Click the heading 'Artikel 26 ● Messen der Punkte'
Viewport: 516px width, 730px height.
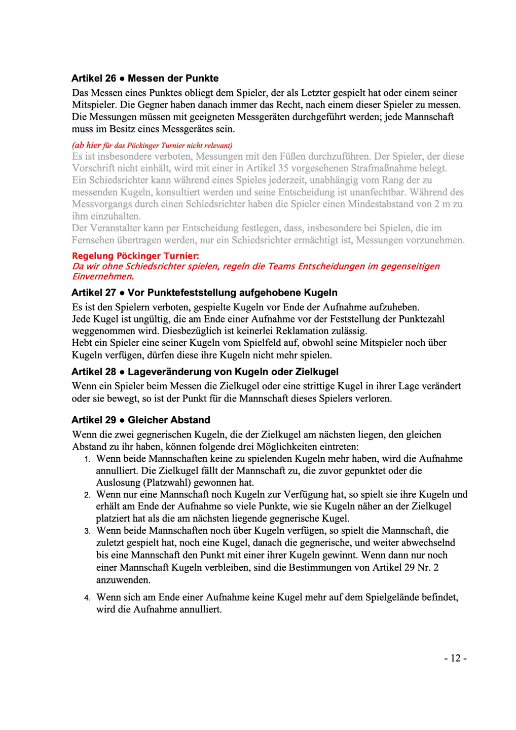(x=145, y=79)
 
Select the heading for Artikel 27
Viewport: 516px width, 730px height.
(x=204, y=293)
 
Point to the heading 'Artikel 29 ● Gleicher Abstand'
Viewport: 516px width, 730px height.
(x=140, y=420)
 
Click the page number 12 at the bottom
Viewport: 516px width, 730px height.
(x=455, y=658)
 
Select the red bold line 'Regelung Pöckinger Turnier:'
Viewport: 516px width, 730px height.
(x=135, y=256)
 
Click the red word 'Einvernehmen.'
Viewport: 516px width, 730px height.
(x=103, y=277)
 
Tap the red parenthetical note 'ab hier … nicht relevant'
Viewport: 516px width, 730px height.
(x=152, y=145)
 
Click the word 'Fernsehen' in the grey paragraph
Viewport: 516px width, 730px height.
(x=95, y=240)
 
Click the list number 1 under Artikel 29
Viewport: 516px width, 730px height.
(x=87, y=459)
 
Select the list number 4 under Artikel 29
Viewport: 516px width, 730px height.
(x=87, y=598)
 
